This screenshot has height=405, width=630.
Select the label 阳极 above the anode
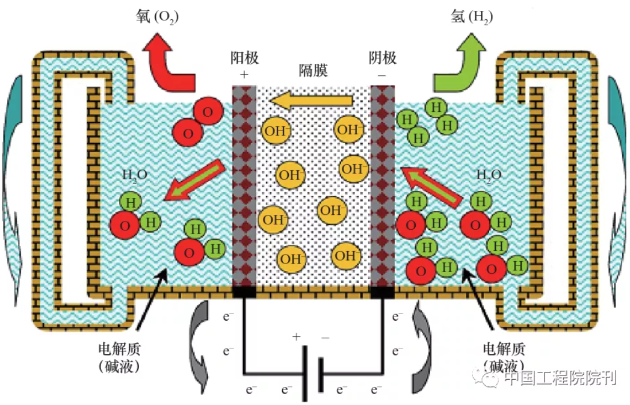pos(245,58)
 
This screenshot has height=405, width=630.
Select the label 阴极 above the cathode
pos(383,58)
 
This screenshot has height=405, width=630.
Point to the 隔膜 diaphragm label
pos(313,70)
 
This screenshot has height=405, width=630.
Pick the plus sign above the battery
pos(296,337)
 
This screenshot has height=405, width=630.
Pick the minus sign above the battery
pos(326,337)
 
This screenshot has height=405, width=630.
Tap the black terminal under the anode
pos(244,293)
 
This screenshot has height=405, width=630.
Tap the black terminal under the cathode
pos(383,293)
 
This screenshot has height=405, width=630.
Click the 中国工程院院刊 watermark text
pos(560,379)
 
